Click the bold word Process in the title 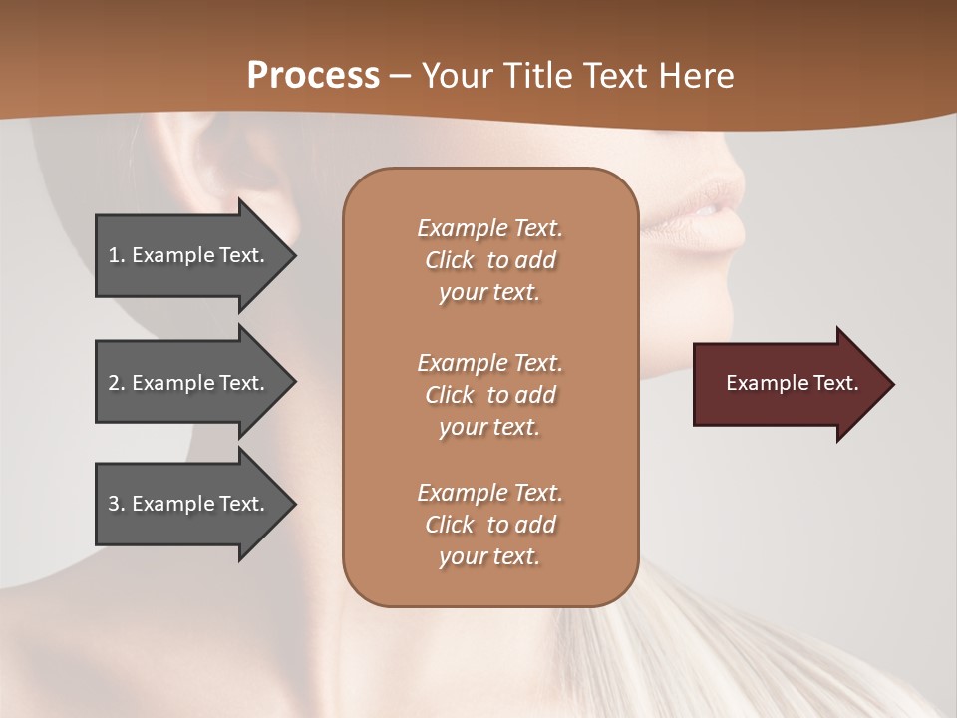pyautogui.click(x=313, y=76)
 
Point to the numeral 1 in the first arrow pyautogui.click(x=114, y=255)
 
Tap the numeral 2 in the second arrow pyautogui.click(x=114, y=383)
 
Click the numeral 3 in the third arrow pyautogui.click(x=114, y=504)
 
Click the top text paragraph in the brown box pyautogui.click(x=489, y=260)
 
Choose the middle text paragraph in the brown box pyautogui.click(x=489, y=394)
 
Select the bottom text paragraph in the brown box pyautogui.click(x=489, y=525)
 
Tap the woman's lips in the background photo pyautogui.click(x=713, y=209)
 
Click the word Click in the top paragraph pyautogui.click(x=450, y=260)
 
